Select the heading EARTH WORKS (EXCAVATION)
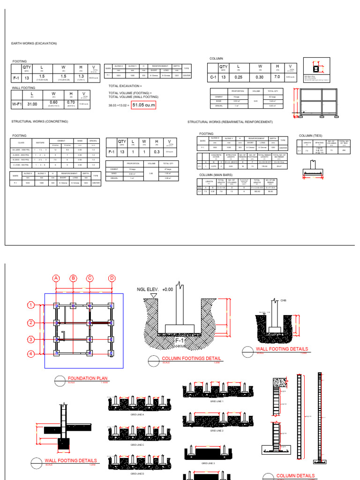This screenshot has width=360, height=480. tap(34, 43)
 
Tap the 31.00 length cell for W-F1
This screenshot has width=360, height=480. tap(32, 104)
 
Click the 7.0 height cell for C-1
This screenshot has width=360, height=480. tap(277, 77)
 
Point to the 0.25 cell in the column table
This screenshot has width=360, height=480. tap(238, 77)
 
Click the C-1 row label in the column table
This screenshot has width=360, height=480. tap(213, 77)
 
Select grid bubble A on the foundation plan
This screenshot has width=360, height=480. tap(56, 278)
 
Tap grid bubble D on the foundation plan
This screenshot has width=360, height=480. tap(112, 278)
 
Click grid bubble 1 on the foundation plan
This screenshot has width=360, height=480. tap(31, 305)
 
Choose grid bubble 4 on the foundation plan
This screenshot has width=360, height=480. tap(31, 354)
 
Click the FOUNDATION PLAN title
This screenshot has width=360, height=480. tap(84, 378)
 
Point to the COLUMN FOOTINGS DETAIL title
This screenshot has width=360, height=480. tap(191, 359)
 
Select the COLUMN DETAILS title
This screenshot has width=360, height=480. tap(295, 475)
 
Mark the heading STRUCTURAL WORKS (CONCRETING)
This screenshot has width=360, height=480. tap(39, 121)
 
